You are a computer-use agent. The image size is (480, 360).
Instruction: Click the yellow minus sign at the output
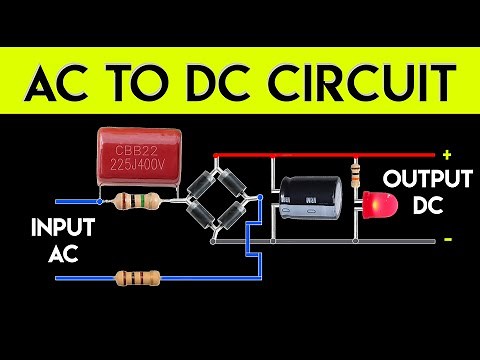coord(447,240)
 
